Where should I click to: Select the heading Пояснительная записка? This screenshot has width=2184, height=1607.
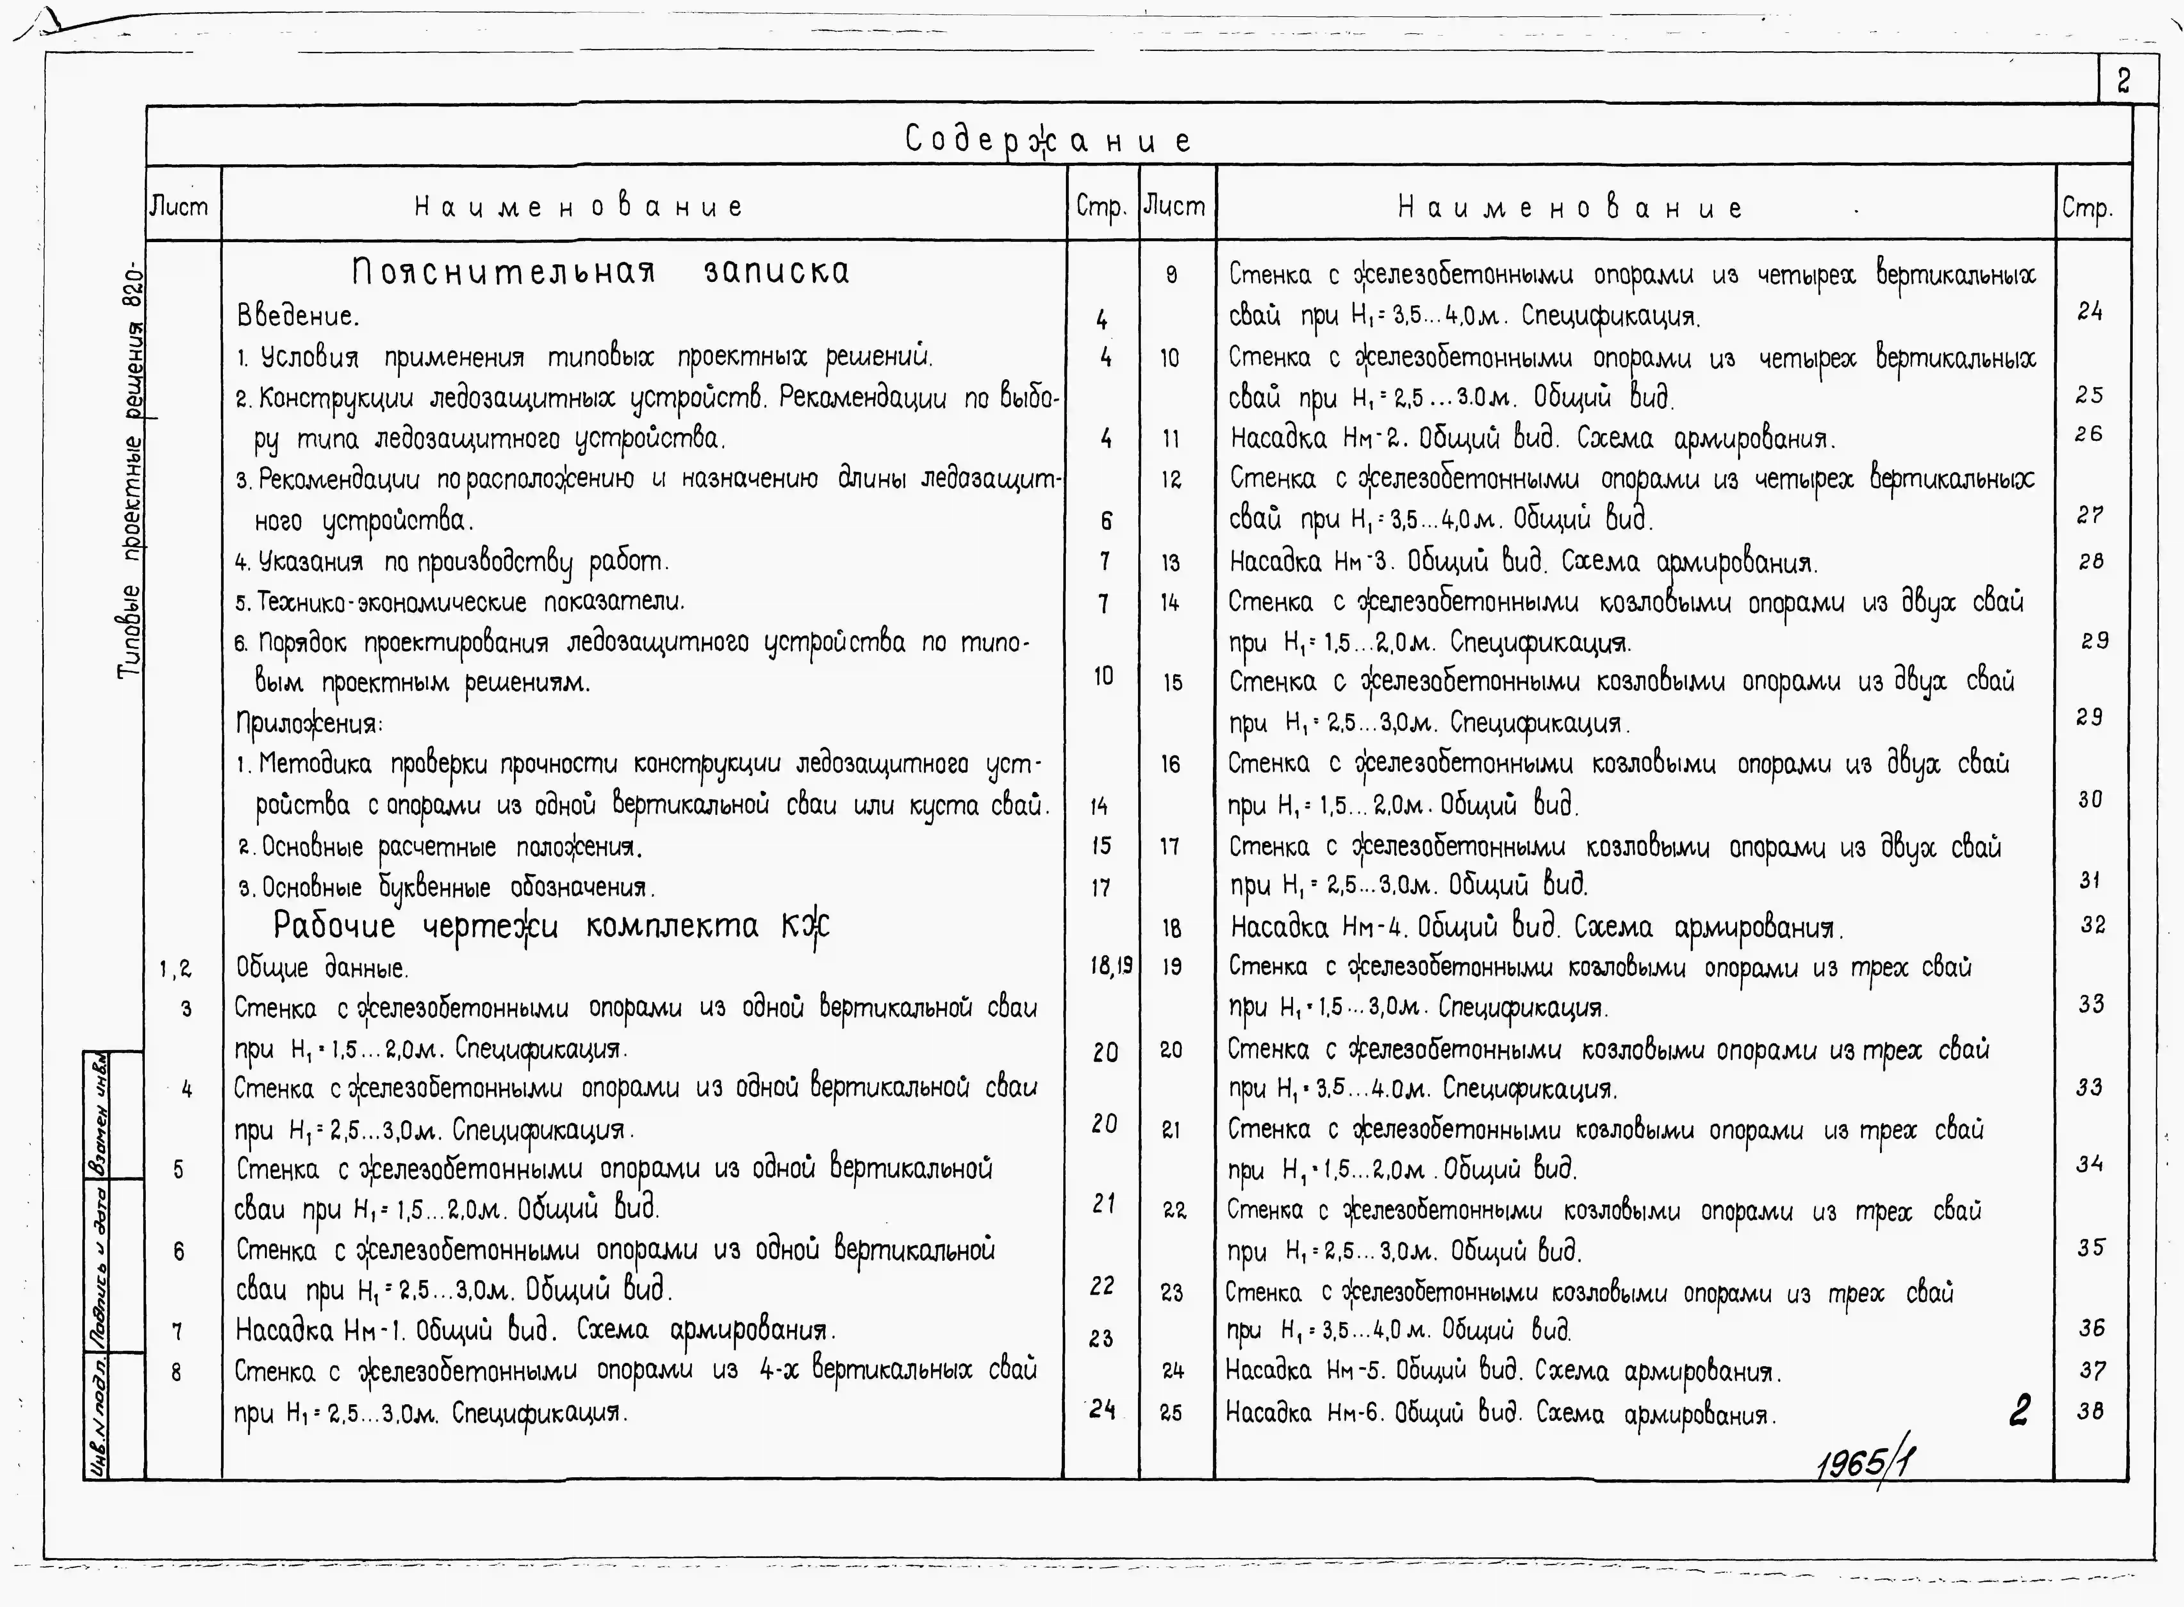point(600,271)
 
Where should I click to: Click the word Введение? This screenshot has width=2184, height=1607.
point(297,316)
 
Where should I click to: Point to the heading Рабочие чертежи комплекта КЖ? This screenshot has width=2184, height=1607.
point(551,925)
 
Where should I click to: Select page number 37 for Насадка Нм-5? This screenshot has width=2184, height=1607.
point(2092,1371)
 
